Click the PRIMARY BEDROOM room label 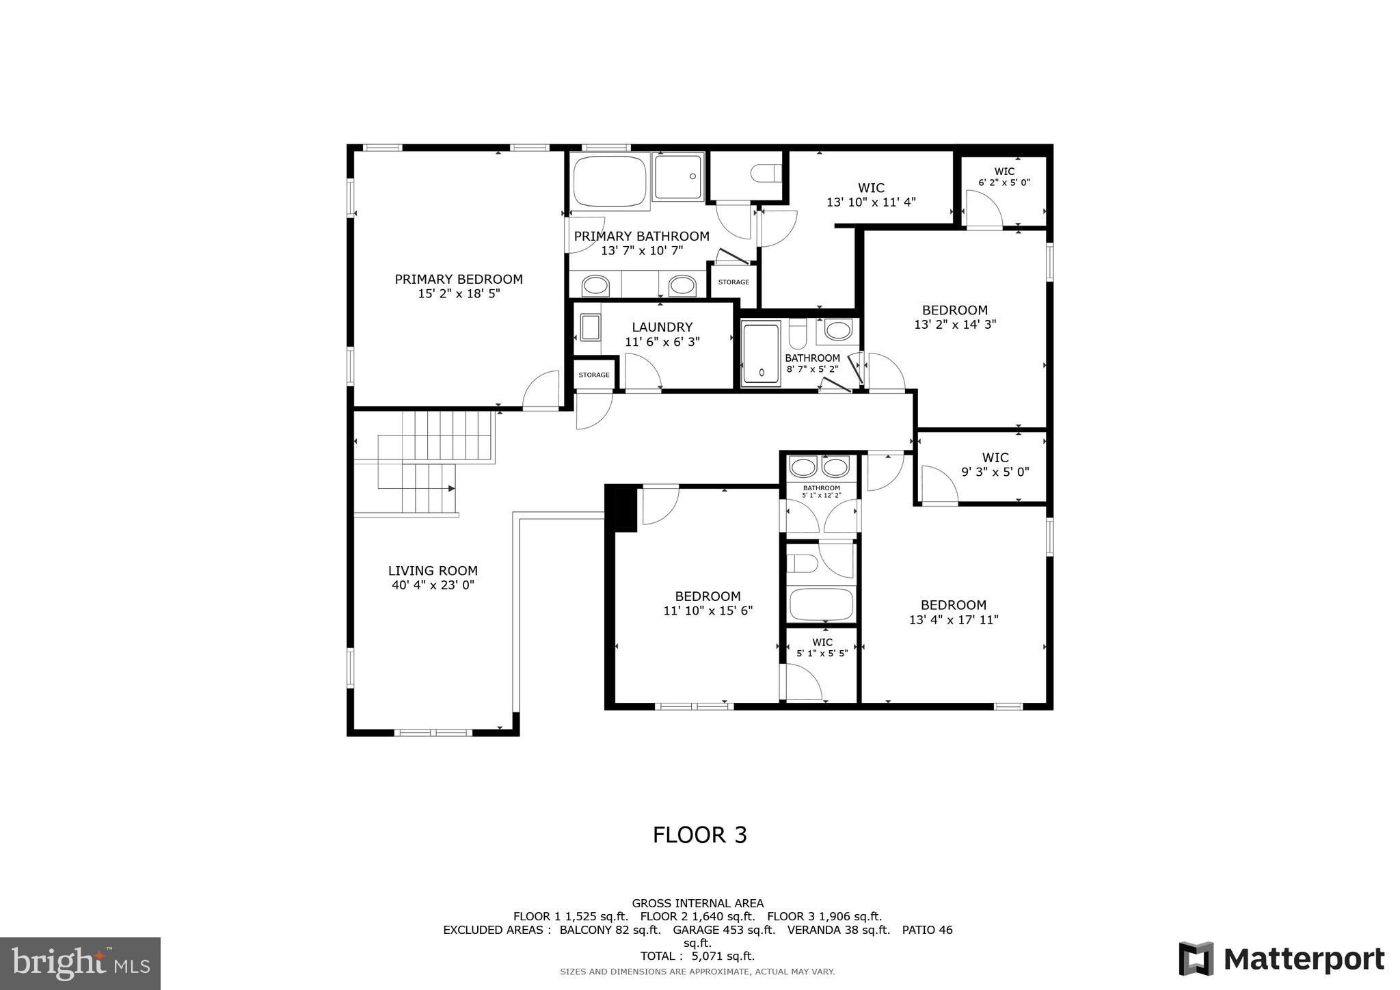tap(459, 279)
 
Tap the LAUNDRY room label tap(662, 327)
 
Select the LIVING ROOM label tap(433, 571)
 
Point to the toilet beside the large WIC tap(766, 174)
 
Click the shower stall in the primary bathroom tap(677, 176)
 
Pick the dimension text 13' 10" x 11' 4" tap(871, 202)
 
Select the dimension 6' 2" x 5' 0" tap(1004, 183)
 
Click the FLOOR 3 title tap(700, 835)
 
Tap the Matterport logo tap(1282, 959)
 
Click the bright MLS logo tap(81, 963)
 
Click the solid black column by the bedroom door tap(621, 508)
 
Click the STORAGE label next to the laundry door tap(594, 375)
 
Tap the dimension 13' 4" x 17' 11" tap(954, 620)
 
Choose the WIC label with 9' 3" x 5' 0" tap(995, 457)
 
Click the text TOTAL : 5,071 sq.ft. tap(697, 956)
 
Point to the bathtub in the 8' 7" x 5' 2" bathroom tap(761, 353)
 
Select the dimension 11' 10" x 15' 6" tap(708, 611)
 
